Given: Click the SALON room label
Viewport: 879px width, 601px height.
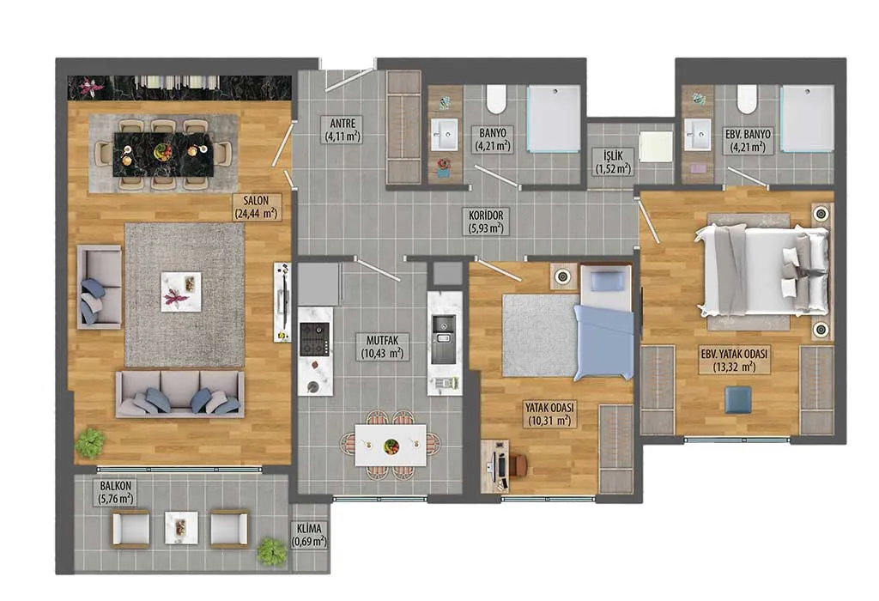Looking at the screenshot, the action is point(256,207).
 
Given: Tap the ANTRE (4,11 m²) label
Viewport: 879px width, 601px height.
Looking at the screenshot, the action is point(342,129).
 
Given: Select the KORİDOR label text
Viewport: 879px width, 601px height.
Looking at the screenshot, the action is point(486,222).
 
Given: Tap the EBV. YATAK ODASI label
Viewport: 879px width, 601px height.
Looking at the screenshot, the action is point(734,360).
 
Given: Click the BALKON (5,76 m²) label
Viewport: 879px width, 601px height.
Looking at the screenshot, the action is point(116,492).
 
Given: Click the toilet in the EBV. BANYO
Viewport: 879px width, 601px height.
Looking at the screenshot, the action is point(747,99).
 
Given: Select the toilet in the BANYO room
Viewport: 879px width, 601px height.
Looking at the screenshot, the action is point(496,99).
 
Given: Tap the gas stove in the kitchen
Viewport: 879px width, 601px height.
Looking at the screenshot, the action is point(314,339).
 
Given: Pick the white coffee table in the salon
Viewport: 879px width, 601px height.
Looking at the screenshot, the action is point(181,292).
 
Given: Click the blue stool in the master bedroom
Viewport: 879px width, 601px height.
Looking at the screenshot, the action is point(738,400).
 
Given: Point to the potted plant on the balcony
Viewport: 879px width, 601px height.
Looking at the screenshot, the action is point(272,551).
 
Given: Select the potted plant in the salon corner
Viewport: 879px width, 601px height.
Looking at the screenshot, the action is point(89,442).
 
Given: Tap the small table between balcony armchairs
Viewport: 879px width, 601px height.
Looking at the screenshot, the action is point(181,527).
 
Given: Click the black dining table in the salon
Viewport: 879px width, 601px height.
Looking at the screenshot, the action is point(163,155).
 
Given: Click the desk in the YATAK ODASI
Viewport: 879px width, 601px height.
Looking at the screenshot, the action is point(495,466).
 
